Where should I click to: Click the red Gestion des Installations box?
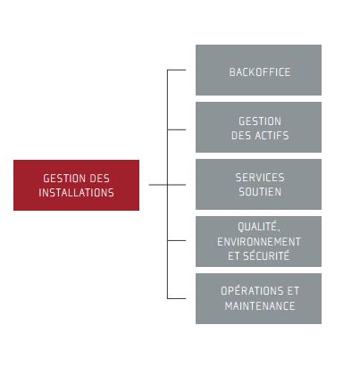76,185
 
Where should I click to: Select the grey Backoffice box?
258,70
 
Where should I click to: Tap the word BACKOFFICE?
260,72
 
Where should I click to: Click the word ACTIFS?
272,136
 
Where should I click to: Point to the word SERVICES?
260,178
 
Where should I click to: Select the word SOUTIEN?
260,192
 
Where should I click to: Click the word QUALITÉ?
259,227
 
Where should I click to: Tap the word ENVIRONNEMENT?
259,242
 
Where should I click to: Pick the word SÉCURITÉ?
266,255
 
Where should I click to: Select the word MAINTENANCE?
260,305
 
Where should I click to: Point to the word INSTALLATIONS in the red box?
76,193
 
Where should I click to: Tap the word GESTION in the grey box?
260,121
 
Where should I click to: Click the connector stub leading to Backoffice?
177,70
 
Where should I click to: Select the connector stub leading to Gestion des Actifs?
177,129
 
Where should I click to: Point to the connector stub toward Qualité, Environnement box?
177,240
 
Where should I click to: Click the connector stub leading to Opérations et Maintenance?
177,298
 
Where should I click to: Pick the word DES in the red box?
99,179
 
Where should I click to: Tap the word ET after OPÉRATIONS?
293,291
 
